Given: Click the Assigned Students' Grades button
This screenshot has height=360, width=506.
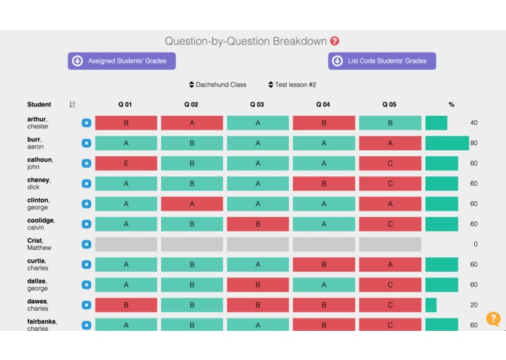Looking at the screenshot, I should [x=122, y=61].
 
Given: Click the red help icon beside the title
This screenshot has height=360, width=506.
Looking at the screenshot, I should [x=335, y=42].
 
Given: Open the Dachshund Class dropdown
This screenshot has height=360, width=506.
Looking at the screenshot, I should [x=218, y=85].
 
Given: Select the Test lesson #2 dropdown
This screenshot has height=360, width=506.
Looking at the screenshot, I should [x=292, y=85].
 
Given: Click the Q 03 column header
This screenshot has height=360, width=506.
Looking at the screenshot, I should [x=257, y=105].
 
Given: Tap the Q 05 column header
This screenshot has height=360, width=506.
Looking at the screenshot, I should [x=390, y=105].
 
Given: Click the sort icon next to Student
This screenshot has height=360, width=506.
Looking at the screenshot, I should [x=72, y=105].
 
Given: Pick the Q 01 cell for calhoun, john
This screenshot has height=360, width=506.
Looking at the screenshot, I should [x=126, y=163].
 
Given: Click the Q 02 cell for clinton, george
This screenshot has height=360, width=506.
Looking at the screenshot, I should [x=192, y=204].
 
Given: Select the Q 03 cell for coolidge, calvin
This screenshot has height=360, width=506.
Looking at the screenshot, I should [x=258, y=224].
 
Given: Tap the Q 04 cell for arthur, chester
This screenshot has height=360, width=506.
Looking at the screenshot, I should [x=323, y=123].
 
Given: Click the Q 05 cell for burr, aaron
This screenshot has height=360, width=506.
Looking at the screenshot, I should [x=390, y=144].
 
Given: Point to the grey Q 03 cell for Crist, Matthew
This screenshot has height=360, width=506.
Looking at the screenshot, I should [x=258, y=244].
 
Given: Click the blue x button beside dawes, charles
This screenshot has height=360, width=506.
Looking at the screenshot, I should [x=87, y=305].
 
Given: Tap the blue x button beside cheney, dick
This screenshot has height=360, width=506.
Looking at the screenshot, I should [x=87, y=184].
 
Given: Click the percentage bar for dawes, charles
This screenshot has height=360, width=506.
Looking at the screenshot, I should [x=431, y=305].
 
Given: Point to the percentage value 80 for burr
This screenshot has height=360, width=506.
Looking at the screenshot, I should [x=474, y=144].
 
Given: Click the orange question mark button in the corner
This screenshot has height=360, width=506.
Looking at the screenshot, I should [x=493, y=319].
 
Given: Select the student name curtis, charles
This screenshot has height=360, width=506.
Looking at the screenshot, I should [x=37, y=265].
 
